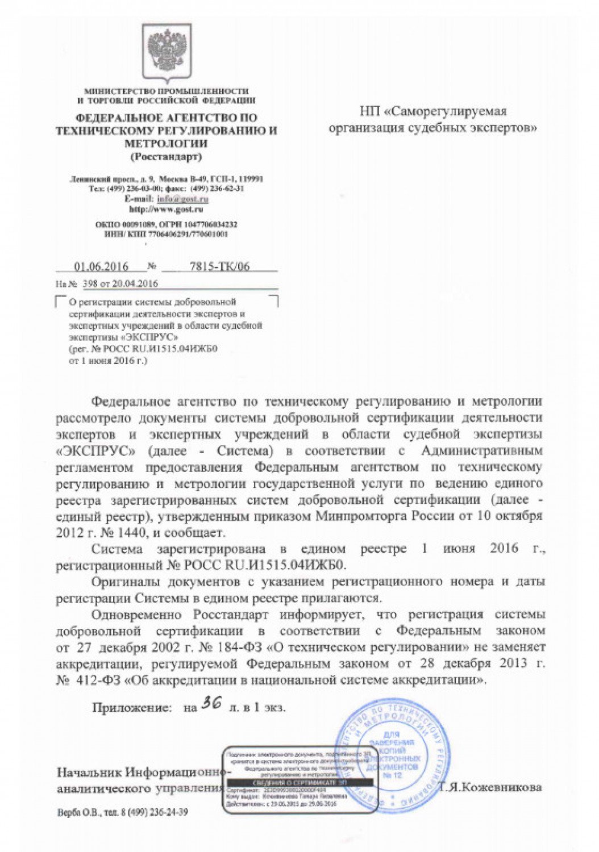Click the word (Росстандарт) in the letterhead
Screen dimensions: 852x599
pos(166,157)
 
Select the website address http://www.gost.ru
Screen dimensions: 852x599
pos(167,210)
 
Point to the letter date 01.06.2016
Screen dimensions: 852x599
pos(102,267)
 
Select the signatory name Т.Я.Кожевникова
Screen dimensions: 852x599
pos(490,787)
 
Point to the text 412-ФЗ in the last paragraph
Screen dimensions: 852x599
pos(98,679)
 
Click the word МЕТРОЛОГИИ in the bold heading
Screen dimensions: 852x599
pos(166,143)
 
